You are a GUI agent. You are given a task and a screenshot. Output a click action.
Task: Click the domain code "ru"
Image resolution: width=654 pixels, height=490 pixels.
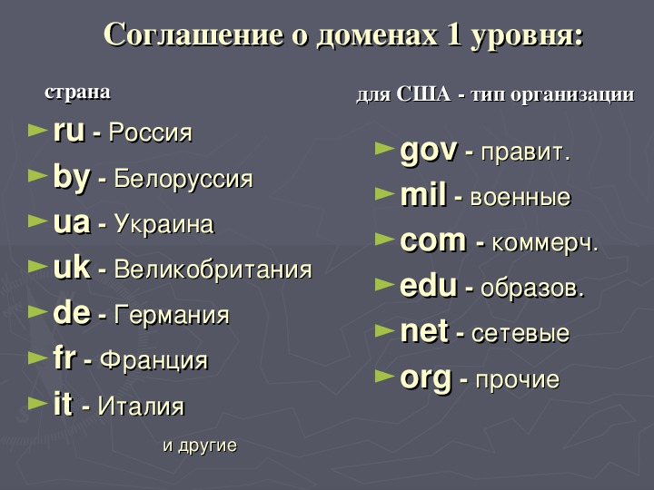click(x=69, y=131)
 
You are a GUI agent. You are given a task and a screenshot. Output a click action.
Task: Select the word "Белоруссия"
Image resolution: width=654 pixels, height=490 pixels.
click(x=183, y=179)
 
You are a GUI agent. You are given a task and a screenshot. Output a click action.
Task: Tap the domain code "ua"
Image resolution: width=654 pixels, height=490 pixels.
click(x=72, y=223)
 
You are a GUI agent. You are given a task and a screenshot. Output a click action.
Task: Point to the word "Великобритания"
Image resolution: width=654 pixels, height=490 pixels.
click(x=213, y=269)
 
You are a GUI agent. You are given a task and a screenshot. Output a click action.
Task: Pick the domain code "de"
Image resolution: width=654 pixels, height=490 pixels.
click(x=72, y=313)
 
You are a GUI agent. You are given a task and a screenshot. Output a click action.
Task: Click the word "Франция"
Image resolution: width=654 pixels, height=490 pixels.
click(x=154, y=360)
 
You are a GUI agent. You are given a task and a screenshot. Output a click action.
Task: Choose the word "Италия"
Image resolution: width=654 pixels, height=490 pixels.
click(x=141, y=406)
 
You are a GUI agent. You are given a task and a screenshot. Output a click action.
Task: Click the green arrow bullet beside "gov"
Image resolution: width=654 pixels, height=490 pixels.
click(x=384, y=148)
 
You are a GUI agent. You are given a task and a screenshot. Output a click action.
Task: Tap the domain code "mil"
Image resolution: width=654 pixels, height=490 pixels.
click(x=423, y=194)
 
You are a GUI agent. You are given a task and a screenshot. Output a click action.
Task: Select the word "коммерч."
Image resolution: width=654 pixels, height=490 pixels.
click(x=546, y=243)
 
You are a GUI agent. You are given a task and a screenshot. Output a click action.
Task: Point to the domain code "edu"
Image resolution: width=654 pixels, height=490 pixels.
click(x=429, y=286)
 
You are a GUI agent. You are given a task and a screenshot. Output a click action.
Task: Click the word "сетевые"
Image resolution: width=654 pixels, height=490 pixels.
click(x=520, y=333)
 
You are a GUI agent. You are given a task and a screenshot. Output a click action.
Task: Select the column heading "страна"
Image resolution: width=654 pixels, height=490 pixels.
click(x=77, y=92)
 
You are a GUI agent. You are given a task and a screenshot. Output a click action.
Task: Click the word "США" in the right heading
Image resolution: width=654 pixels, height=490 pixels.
click(x=424, y=93)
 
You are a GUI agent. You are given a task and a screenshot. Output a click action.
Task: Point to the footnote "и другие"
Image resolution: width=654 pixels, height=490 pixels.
click(x=200, y=446)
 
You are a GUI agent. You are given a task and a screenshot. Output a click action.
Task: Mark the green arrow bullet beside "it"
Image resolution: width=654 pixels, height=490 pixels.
click(x=37, y=403)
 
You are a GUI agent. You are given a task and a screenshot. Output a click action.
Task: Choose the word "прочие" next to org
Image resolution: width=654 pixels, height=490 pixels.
click(x=518, y=379)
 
